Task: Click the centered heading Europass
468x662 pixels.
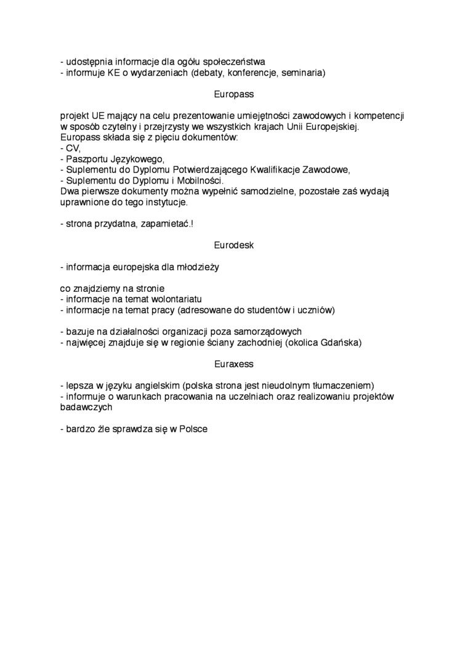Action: coord(234,95)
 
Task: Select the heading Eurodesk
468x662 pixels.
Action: coord(234,245)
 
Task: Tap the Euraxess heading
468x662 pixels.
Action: coord(234,365)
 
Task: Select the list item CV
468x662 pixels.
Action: coord(73,148)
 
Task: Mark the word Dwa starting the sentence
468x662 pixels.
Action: coord(70,192)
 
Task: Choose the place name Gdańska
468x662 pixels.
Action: coord(339,342)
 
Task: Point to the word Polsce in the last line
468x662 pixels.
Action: coord(193,429)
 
